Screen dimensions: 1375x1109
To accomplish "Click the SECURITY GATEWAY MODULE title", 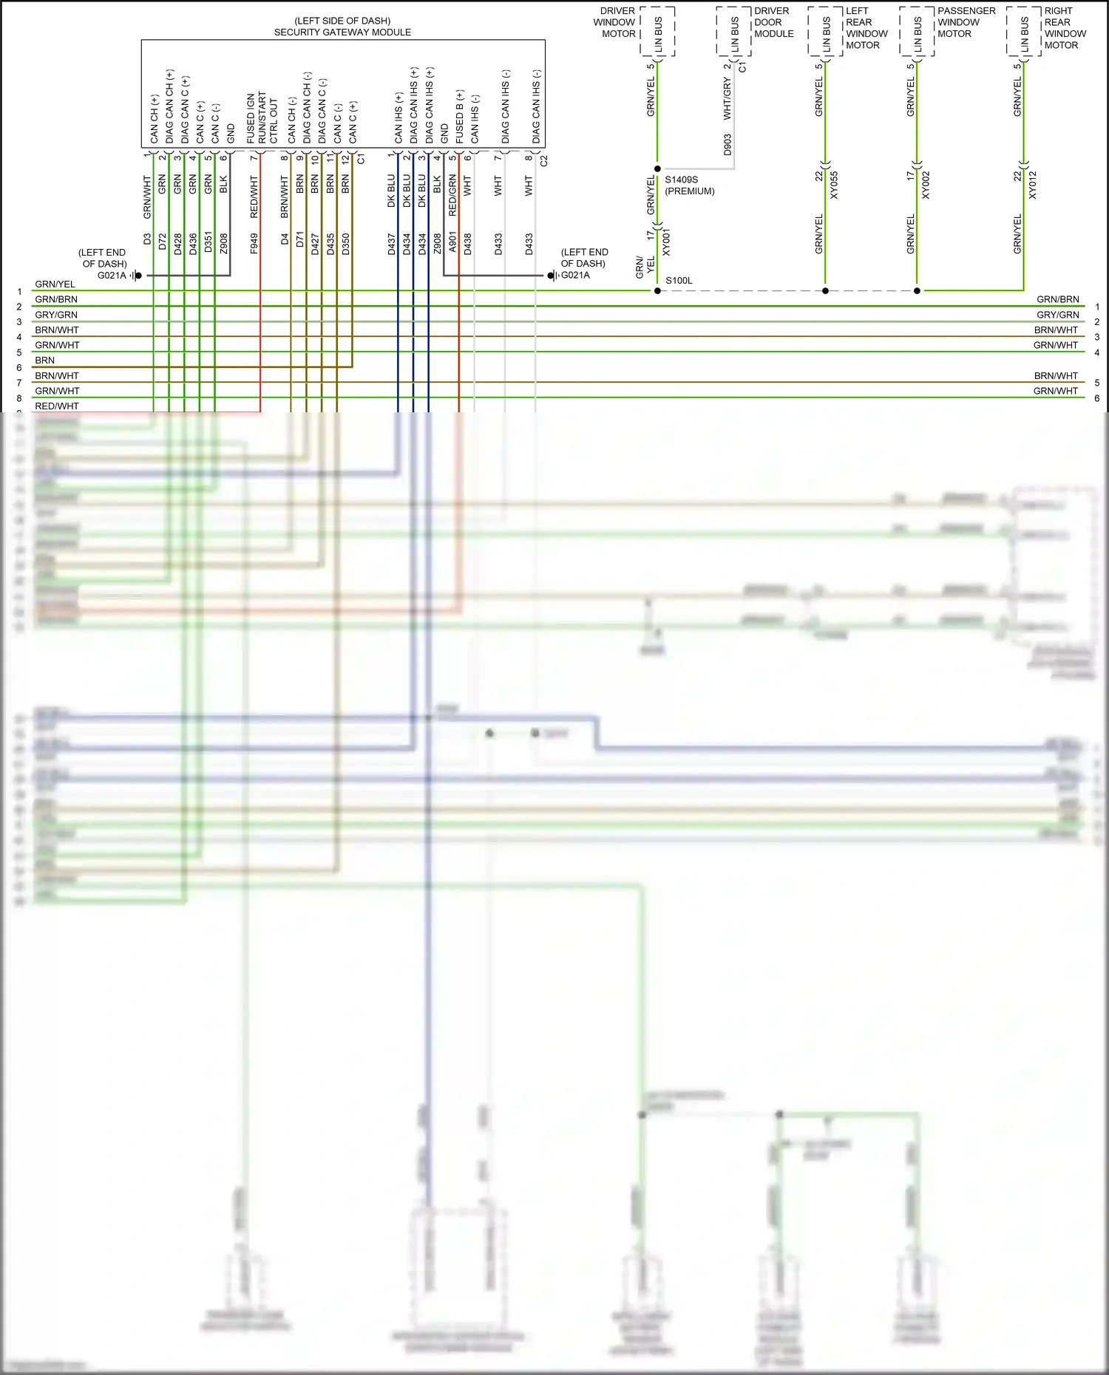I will (342, 33).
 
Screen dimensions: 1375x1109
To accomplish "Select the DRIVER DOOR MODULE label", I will (773, 22).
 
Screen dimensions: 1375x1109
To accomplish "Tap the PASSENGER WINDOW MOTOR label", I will (966, 22).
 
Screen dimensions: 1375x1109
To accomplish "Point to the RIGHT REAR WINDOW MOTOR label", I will (1065, 28).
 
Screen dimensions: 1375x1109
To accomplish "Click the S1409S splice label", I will (681, 180).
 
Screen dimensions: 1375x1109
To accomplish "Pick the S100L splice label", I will (679, 281).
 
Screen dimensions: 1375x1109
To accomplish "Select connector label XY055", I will (834, 185).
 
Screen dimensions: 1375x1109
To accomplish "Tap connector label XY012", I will (1033, 185).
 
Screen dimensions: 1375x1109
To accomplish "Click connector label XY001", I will (666, 242).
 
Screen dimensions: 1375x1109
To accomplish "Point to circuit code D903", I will (728, 144).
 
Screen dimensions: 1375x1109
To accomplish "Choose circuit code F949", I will (254, 244).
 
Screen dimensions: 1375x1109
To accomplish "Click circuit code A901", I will (452, 244).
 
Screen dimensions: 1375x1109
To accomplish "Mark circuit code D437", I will (392, 244).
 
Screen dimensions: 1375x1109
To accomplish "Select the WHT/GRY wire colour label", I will (728, 100).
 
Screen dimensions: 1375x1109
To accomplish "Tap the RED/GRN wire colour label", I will (452, 195).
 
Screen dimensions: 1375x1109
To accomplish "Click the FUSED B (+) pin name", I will (460, 117).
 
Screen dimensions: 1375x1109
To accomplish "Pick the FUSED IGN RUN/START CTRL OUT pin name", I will (262, 118).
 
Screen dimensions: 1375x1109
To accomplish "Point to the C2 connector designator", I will (544, 160).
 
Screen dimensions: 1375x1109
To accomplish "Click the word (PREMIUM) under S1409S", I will (690, 191).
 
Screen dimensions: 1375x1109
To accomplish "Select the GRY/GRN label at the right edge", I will (1057, 315).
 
